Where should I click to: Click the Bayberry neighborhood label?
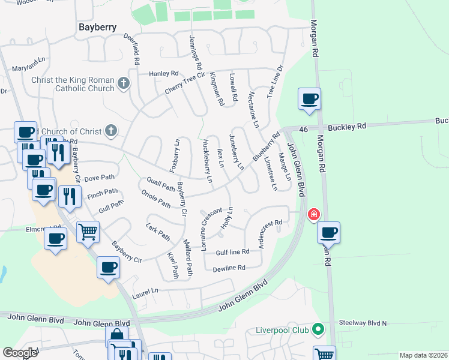(98, 26)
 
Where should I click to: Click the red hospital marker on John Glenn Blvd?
(313, 215)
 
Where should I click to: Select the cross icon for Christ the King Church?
(124, 83)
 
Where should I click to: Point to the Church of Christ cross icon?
(110, 130)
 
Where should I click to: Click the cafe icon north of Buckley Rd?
(309, 99)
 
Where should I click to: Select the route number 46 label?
(303, 128)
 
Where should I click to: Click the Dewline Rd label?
(229, 268)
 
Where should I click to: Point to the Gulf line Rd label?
(232, 252)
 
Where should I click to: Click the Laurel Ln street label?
(146, 290)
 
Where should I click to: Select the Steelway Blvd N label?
(363, 323)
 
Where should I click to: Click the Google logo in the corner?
(20, 353)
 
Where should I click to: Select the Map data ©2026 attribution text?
(423, 355)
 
